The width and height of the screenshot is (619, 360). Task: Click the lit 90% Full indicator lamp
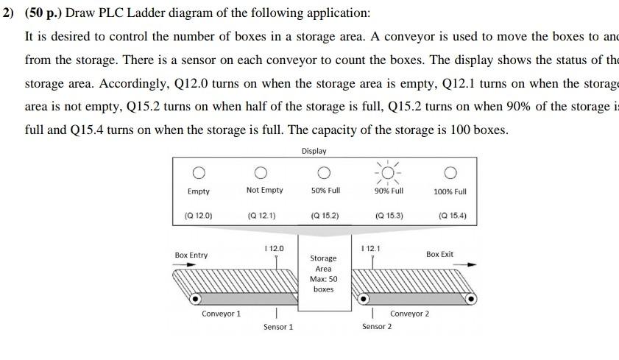coord(388,173)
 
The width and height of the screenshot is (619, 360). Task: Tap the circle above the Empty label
coord(198,173)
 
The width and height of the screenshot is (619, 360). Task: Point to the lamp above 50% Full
coord(325,173)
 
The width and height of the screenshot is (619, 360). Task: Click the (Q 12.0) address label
coord(198,216)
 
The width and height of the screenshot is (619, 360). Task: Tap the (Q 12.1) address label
coord(262,216)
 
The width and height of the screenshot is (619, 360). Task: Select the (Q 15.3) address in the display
coord(389,216)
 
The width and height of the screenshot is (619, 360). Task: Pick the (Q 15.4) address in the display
coord(452,216)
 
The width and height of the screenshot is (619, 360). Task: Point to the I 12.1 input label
coord(372,249)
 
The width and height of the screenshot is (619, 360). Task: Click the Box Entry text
coord(191,255)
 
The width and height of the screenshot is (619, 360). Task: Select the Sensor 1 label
coord(277,327)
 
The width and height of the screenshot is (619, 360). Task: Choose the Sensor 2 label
coord(376,327)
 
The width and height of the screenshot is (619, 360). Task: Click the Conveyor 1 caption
coord(221,314)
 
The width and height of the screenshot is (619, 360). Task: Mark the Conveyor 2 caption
coord(409,314)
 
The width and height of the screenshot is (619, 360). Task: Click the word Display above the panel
coord(314,151)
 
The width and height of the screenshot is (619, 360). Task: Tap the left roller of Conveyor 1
coord(196,300)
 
